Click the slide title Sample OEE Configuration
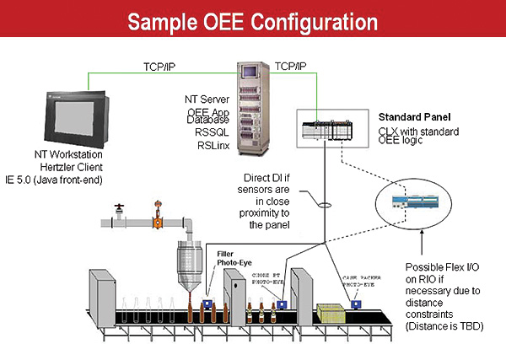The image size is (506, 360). [x=252, y=19]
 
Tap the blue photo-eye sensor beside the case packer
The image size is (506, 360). [x=358, y=304]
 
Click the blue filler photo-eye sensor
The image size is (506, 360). [x=207, y=298]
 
